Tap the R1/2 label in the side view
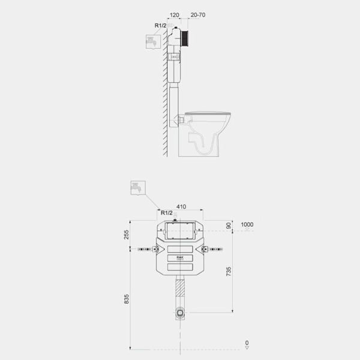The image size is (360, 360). [160, 25]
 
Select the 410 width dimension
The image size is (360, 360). [181, 207]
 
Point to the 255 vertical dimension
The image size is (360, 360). [127, 235]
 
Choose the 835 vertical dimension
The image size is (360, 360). [127, 299]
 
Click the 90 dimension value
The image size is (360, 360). [229, 226]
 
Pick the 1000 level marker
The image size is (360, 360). [247, 225]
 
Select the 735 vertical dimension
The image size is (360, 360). [229, 271]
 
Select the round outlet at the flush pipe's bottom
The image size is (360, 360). [180, 312]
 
